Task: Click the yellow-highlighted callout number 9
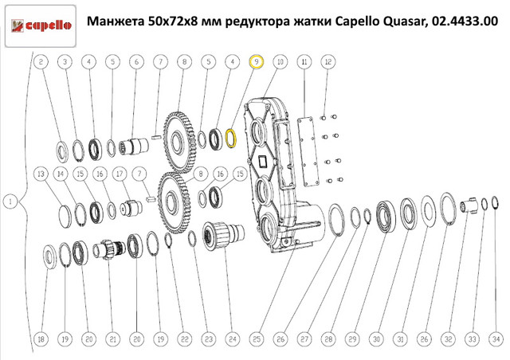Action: pyautogui.click(x=257, y=61)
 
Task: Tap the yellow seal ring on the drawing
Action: pyautogui.click(x=232, y=139)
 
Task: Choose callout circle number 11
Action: pyautogui.click(x=304, y=61)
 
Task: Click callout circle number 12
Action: pyautogui.click(x=328, y=61)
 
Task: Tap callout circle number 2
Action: pyautogui.click(x=41, y=61)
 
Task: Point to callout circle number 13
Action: pyautogui.click(x=41, y=174)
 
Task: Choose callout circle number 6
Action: pyautogui.click(x=136, y=61)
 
